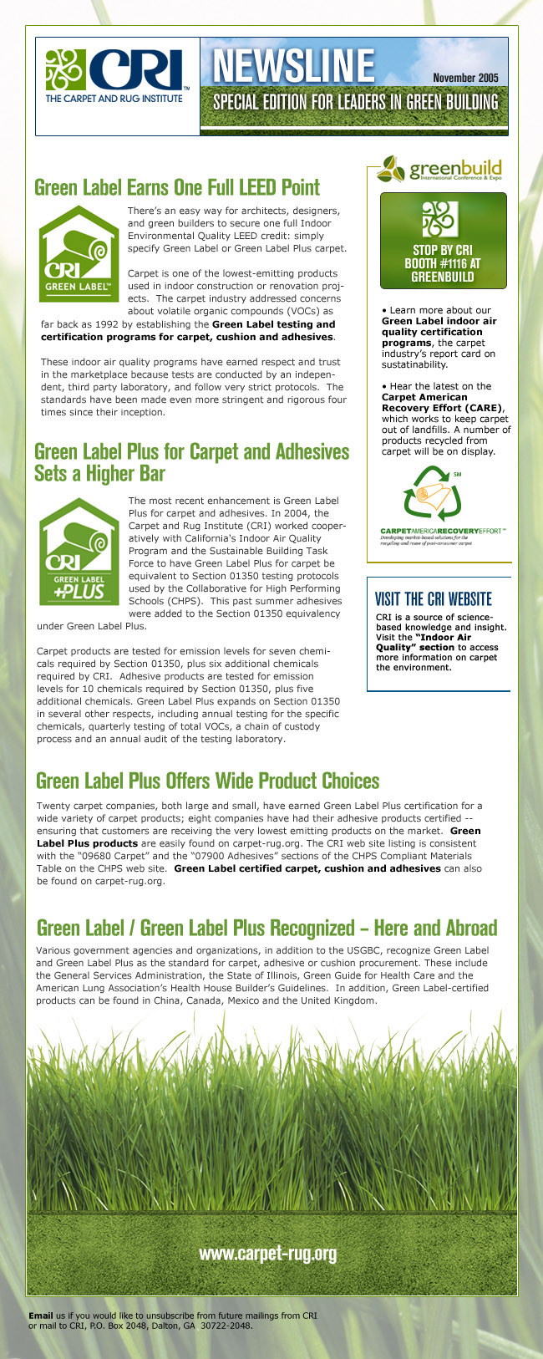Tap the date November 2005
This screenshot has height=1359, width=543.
[465, 78]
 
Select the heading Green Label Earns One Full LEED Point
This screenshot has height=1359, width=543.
[177, 186]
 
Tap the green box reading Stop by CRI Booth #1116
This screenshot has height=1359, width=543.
[444, 241]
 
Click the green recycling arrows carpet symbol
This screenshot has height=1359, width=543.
[433, 498]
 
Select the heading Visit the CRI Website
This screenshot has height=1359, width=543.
[434, 598]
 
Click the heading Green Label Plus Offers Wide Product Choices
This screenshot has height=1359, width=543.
[208, 781]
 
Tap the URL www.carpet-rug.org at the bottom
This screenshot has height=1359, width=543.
[267, 1253]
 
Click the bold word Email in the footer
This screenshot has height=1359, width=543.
[41, 1316]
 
